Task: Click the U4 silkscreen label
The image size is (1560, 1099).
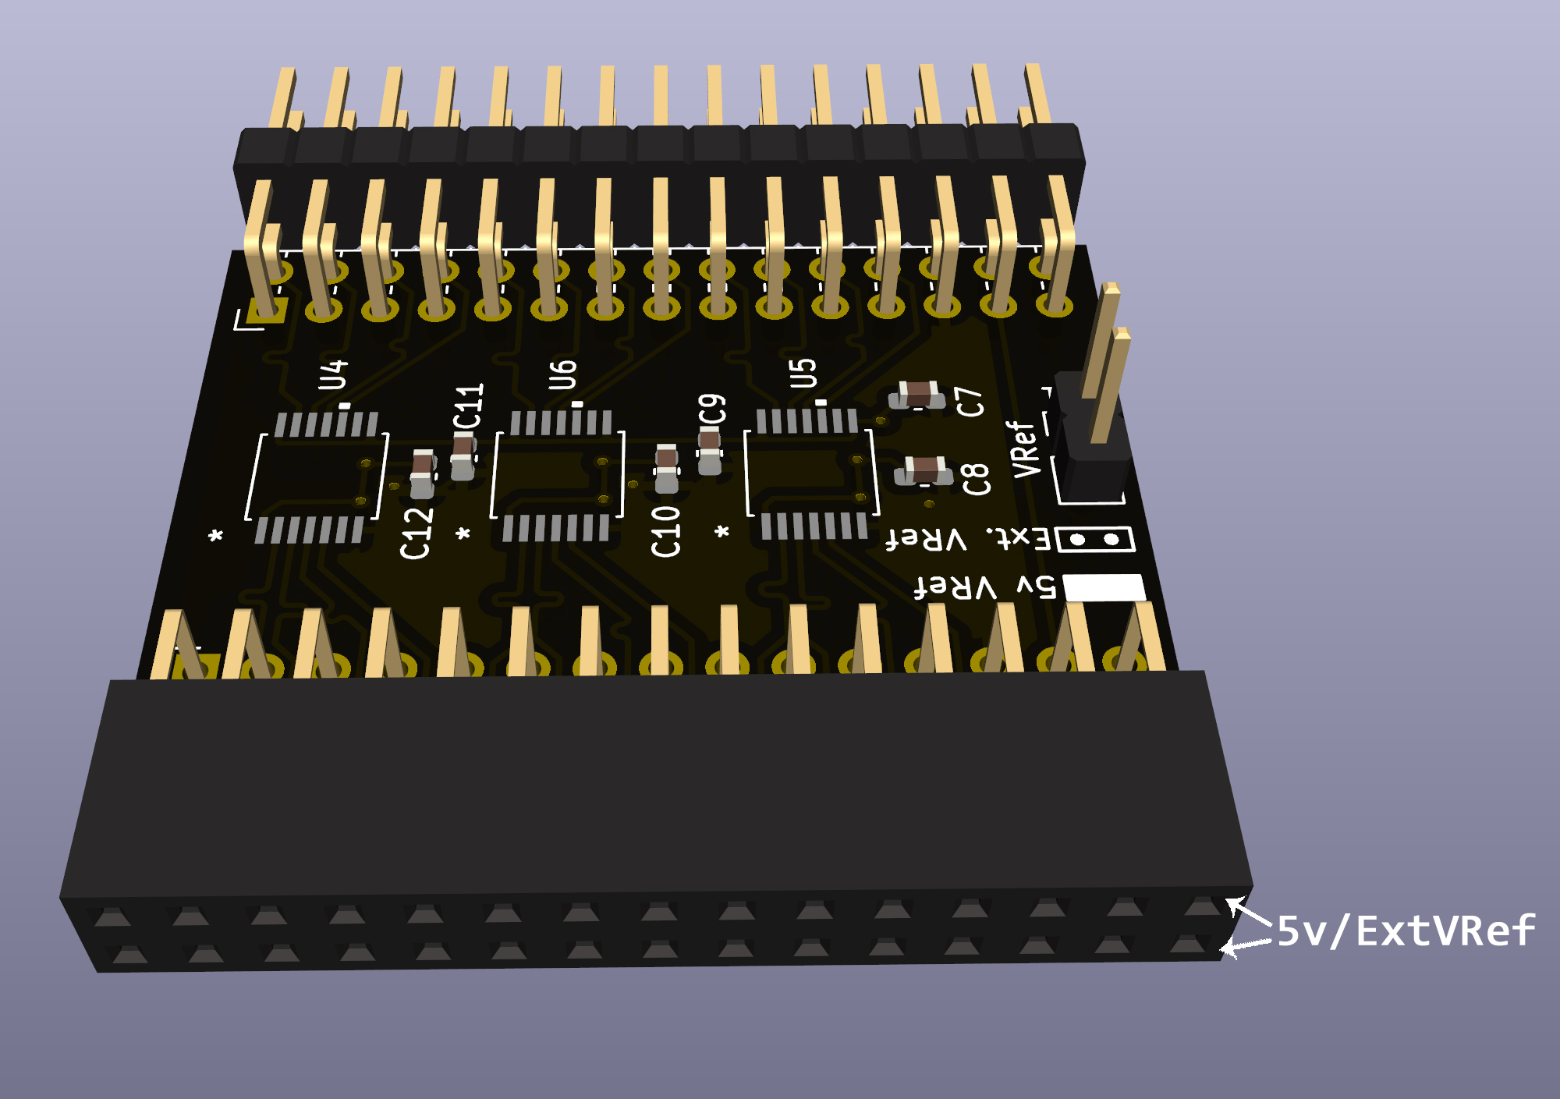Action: (333, 374)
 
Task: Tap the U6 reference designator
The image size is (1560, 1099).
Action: (562, 374)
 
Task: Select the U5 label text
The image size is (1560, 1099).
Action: (803, 373)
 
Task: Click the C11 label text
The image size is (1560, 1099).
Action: (469, 406)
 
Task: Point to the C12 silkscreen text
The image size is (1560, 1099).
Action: (416, 533)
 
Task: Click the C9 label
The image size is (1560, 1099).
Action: (711, 409)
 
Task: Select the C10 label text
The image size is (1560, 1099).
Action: (665, 530)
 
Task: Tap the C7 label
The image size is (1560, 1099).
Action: (970, 402)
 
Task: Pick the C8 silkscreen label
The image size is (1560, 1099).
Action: (976, 478)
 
